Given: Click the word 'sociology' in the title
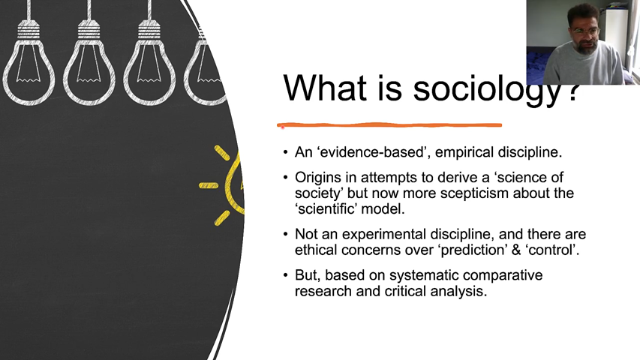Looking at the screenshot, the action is tap(488, 89).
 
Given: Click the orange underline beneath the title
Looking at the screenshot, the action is tap(389, 125).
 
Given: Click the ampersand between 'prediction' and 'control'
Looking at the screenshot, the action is tap(516, 250).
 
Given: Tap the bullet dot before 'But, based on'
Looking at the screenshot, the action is tap(285, 275).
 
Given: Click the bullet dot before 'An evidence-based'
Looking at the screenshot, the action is tap(285, 152).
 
